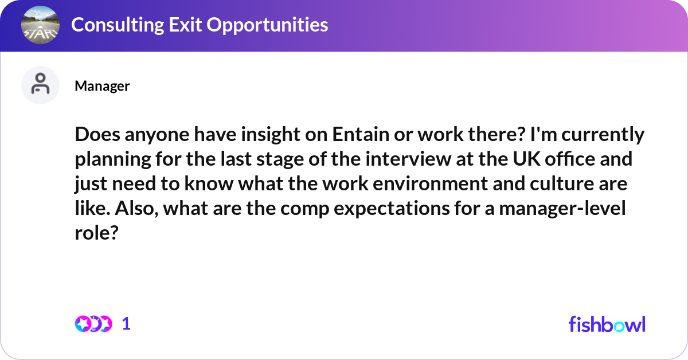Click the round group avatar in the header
(x=40, y=25)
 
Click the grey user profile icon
(x=40, y=85)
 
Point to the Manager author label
(x=102, y=86)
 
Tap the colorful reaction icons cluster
(x=93, y=324)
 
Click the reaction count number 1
(x=126, y=324)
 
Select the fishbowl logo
(x=607, y=324)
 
